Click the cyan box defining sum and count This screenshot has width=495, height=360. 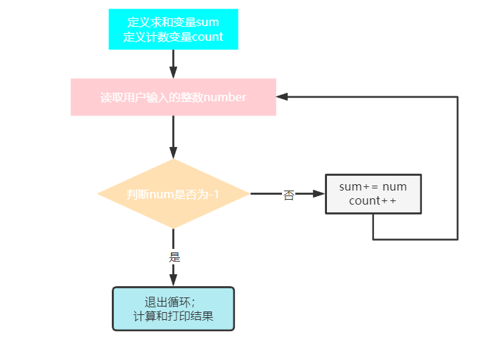click(x=173, y=30)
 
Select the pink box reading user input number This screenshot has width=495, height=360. click(x=173, y=97)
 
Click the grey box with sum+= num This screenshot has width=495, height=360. click(x=373, y=193)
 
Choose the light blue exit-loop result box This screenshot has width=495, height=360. click(x=173, y=309)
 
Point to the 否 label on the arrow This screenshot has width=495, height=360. click(x=288, y=195)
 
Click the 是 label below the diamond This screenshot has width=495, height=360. click(x=175, y=257)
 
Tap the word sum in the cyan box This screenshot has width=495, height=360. click(x=207, y=22)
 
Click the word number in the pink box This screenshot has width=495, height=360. click(x=224, y=98)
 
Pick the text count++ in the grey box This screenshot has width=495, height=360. click(x=373, y=201)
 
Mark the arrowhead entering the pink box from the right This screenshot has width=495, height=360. click(x=281, y=97)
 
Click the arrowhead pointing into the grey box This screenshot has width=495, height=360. click(x=320, y=193)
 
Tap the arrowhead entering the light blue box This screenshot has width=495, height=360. click(x=173, y=281)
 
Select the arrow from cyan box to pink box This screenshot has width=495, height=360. click(x=173, y=63)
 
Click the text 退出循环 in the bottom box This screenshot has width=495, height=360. click(x=165, y=302)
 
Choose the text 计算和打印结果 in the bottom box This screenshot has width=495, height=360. click(x=173, y=316)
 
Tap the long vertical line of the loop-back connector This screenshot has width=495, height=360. click(x=458, y=169)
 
